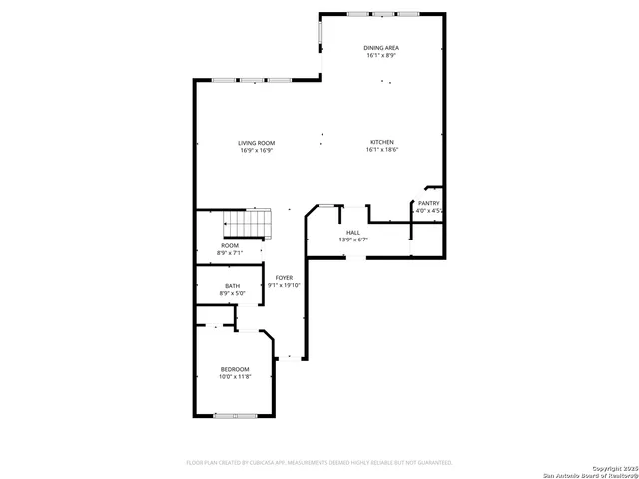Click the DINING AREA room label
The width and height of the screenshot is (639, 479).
click(382, 47)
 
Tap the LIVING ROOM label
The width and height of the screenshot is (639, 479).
click(256, 143)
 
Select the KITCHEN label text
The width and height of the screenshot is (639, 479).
click(382, 143)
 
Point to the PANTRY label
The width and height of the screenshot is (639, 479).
click(428, 203)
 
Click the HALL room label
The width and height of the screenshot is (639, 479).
click(353, 232)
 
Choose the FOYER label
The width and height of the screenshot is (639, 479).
click(284, 277)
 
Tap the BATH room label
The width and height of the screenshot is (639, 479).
click(232, 286)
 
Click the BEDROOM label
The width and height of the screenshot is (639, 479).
click(235, 369)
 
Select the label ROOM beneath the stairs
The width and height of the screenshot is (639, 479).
click(230, 245)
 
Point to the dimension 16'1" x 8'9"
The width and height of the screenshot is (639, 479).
click(382, 56)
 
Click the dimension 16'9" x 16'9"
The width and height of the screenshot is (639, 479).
click(256, 151)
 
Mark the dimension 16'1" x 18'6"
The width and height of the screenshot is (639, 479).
click(382, 151)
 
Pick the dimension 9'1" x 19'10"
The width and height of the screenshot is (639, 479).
click(284, 285)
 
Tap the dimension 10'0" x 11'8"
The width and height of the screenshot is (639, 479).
click(235, 377)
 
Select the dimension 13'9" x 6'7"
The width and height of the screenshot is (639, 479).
click(353, 239)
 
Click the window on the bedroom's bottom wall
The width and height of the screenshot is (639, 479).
click(236, 415)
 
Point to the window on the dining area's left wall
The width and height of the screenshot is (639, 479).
click(320, 32)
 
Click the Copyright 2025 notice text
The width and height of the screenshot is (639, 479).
click(612, 467)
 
